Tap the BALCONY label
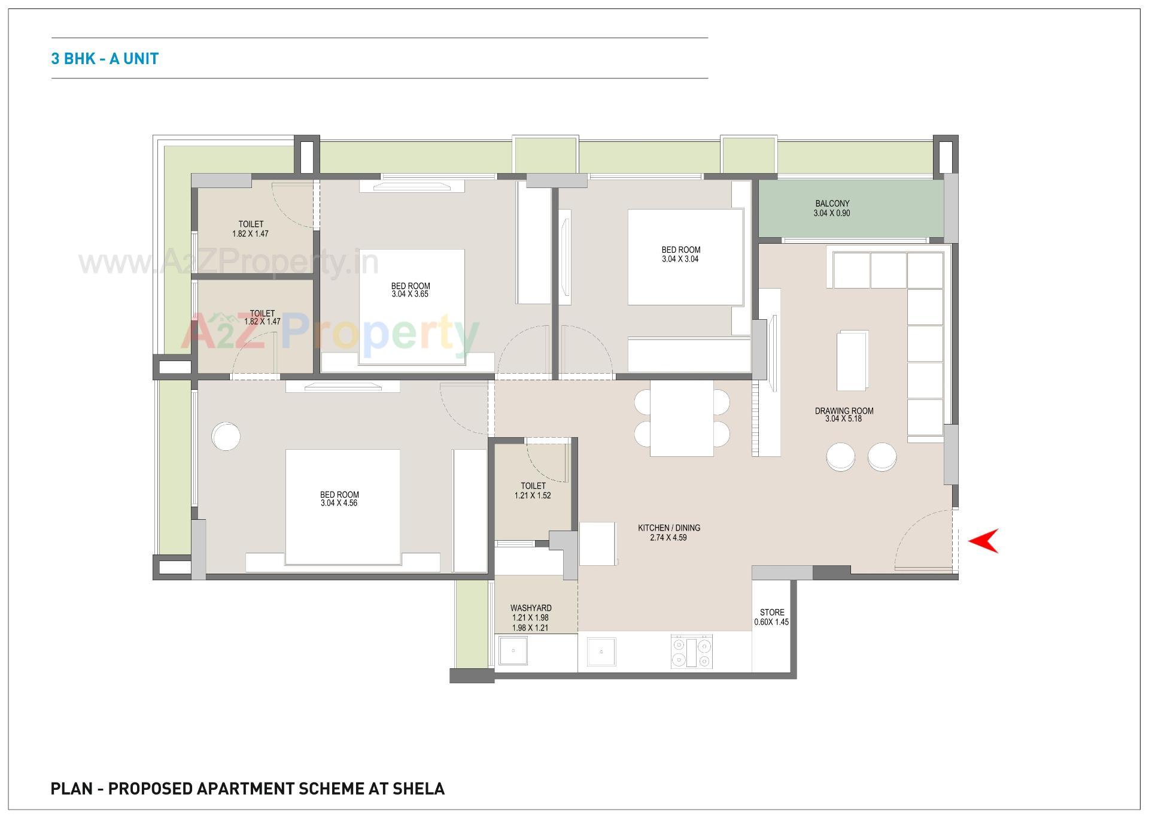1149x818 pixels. point(832,204)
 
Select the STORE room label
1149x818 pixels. point(772,613)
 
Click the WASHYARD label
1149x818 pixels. point(531,608)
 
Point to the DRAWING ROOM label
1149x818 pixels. point(844,411)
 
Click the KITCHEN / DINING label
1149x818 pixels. point(668,528)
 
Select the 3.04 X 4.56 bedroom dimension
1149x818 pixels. point(339,504)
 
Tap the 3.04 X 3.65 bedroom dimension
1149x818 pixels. point(410,295)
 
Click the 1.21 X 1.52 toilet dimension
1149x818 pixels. point(533,496)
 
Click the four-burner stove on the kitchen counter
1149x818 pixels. point(691,652)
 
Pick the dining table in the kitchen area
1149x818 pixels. point(682,418)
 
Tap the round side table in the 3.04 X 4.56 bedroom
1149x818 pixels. point(226,437)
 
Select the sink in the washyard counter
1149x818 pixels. point(513,651)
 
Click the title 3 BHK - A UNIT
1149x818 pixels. point(105,59)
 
